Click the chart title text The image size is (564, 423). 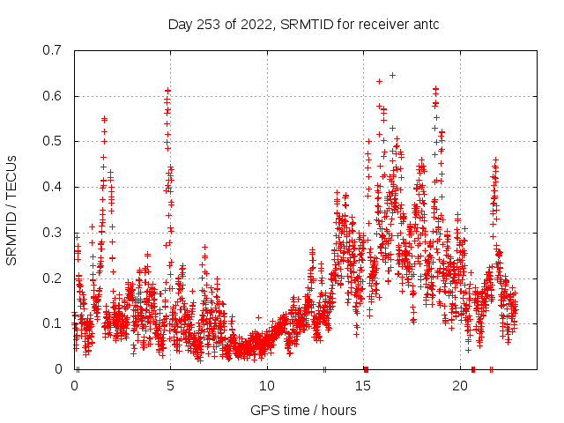pos(303,24)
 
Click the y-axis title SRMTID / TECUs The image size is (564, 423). pos(11,209)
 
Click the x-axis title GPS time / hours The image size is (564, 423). pos(303,410)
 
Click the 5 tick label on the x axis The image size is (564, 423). pos(171,386)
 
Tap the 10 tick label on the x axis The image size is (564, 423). pos(267,386)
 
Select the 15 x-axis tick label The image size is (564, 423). pos(364,386)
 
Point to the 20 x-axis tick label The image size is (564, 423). pos(460,386)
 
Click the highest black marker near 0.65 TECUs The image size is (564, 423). pos(392,75)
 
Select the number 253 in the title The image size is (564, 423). pos(207,24)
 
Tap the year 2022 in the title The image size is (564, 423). pos(256,24)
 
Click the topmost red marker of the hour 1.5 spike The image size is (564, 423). pos(104,118)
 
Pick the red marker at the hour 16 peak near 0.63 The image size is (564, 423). pos(379,81)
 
